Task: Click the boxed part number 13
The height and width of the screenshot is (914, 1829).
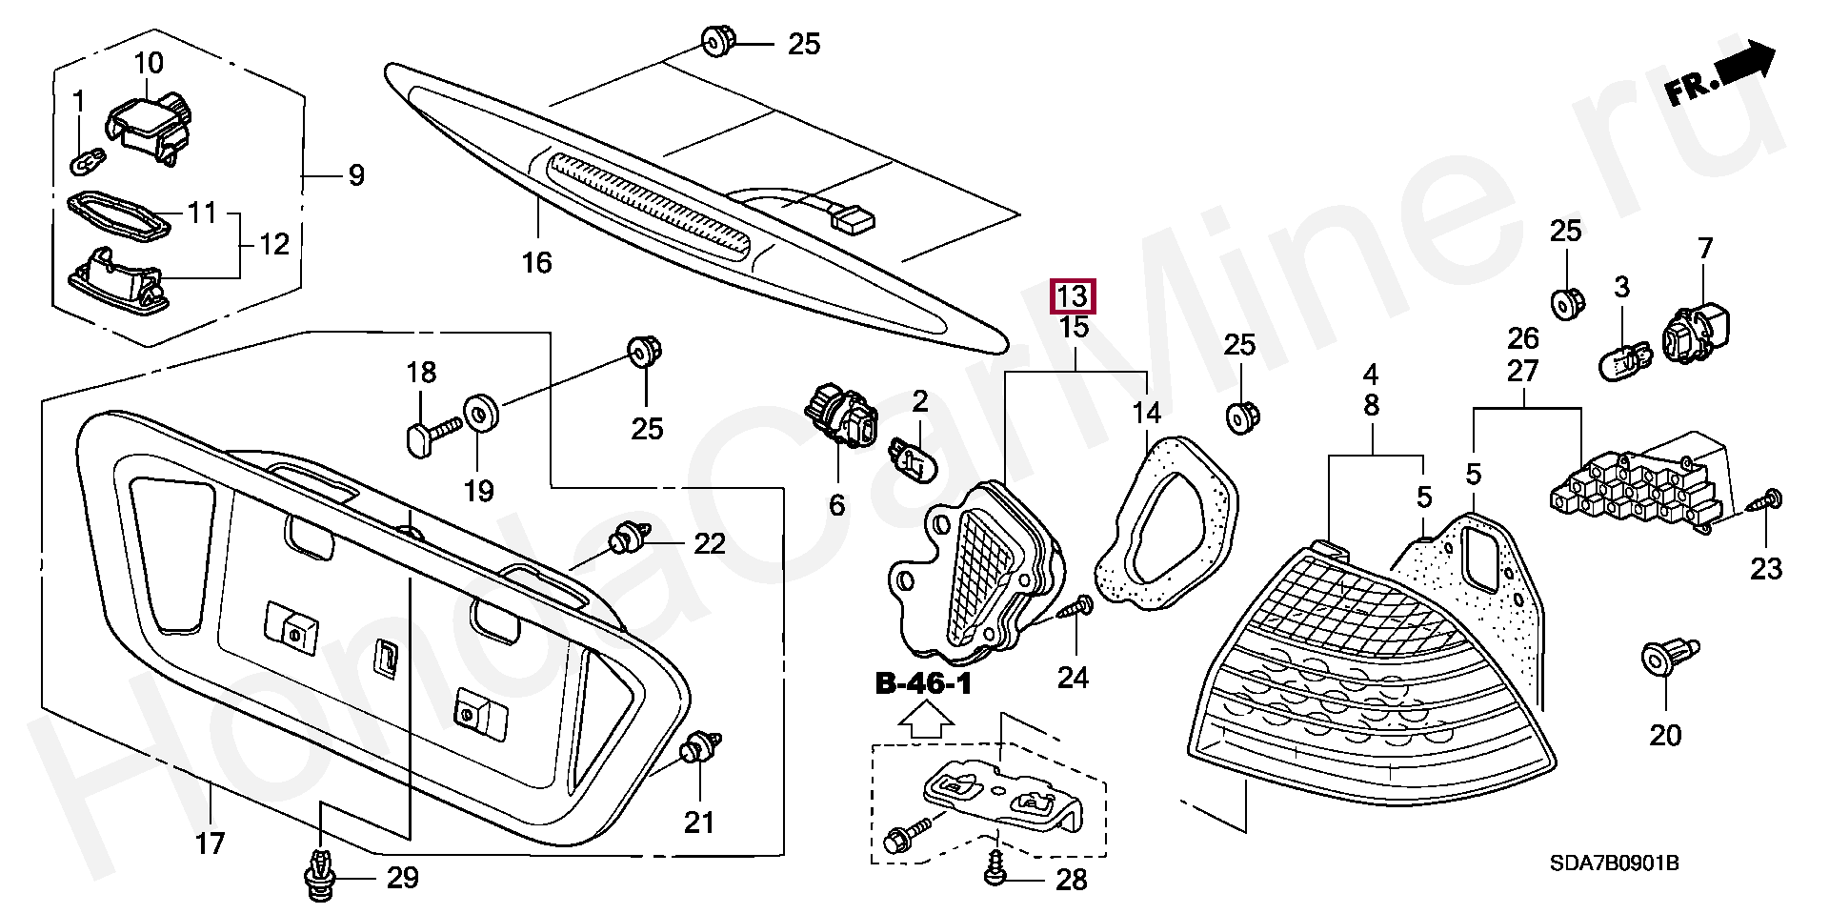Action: coord(1073,296)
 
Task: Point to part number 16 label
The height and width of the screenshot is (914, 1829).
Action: coord(537,261)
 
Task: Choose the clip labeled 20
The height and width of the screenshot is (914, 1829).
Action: coord(1665,660)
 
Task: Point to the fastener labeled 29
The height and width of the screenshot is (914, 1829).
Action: coord(321,876)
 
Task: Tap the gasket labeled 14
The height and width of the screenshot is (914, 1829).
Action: coord(1166,528)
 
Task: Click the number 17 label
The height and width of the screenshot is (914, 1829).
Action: coord(210,843)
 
